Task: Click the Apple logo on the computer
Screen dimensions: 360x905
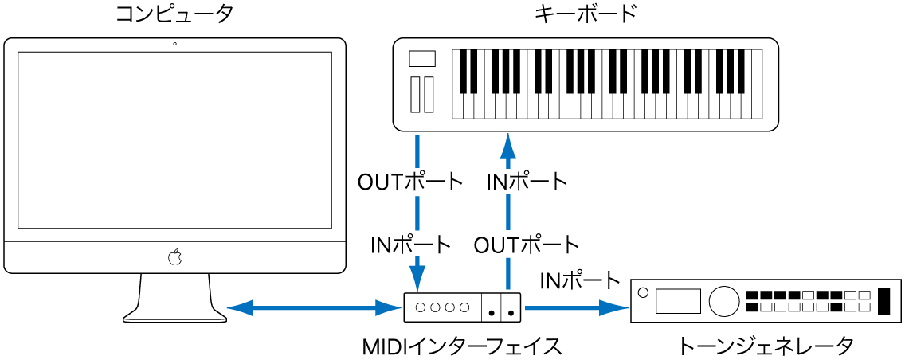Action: (x=175, y=257)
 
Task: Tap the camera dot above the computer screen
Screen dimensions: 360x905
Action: (x=174, y=43)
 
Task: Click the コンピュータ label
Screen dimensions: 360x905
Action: (x=174, y=14)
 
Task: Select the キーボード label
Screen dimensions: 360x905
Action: (x=586, y=14)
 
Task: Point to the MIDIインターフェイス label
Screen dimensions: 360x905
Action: (x=463, y=346)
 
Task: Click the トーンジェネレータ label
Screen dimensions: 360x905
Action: (x=766, y=346)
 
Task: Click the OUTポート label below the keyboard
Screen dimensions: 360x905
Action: (x=409, y=182)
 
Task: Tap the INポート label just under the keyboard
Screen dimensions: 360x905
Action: (x=527, y=182)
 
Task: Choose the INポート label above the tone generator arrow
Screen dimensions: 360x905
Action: (x=579, y=280)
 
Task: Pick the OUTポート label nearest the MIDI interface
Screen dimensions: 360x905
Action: (x=527, y=243)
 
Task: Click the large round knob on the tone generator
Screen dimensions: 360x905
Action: (x=723, y=301)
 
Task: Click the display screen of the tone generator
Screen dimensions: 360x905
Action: (x=678, y=301)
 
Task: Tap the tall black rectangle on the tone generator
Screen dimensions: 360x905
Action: (x=885, y=301)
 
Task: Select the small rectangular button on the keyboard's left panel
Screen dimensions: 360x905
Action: (x=422, y=58)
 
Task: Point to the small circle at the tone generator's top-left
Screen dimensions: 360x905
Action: (x=644, y=290)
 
